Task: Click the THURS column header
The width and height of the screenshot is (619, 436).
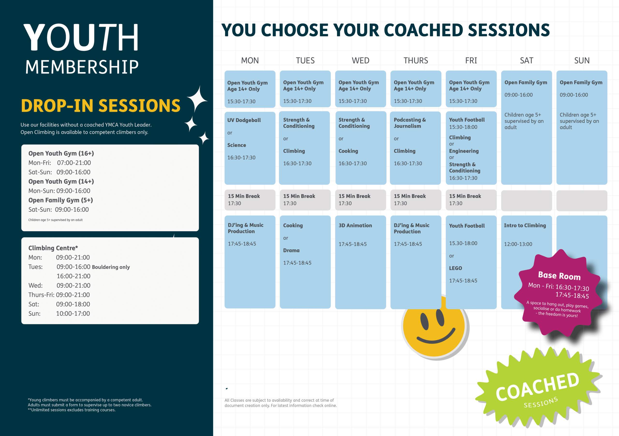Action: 415,60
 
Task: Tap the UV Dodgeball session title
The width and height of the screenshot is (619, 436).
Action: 244,120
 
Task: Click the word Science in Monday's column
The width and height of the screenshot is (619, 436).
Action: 236,145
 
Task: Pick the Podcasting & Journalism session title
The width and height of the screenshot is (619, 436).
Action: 410,123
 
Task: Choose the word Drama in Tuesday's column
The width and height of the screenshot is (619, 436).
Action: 291,250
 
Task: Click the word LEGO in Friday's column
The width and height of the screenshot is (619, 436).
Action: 455,268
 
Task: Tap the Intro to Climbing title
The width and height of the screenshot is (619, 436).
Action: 525,225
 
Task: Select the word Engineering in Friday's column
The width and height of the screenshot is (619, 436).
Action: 464,151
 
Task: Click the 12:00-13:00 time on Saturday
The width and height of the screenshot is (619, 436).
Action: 518,244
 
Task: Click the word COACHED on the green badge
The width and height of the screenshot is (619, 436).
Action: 537,387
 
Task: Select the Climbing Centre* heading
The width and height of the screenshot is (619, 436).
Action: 53,248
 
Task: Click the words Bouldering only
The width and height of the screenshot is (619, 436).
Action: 111,267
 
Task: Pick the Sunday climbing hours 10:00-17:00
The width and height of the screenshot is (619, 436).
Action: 73,314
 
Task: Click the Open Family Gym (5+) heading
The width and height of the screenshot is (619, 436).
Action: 61,200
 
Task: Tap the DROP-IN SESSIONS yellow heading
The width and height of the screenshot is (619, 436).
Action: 101,105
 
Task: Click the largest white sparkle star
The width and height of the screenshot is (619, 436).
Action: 197,99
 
